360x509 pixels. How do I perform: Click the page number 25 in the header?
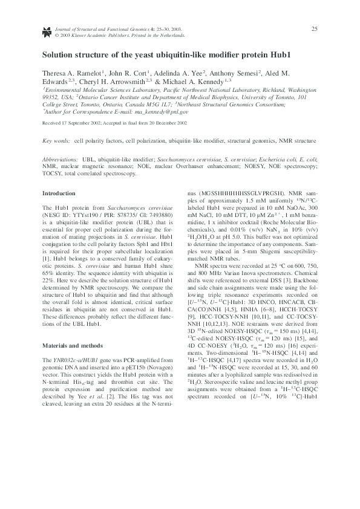(314, 29)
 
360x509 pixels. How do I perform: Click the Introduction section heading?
(58, 193)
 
